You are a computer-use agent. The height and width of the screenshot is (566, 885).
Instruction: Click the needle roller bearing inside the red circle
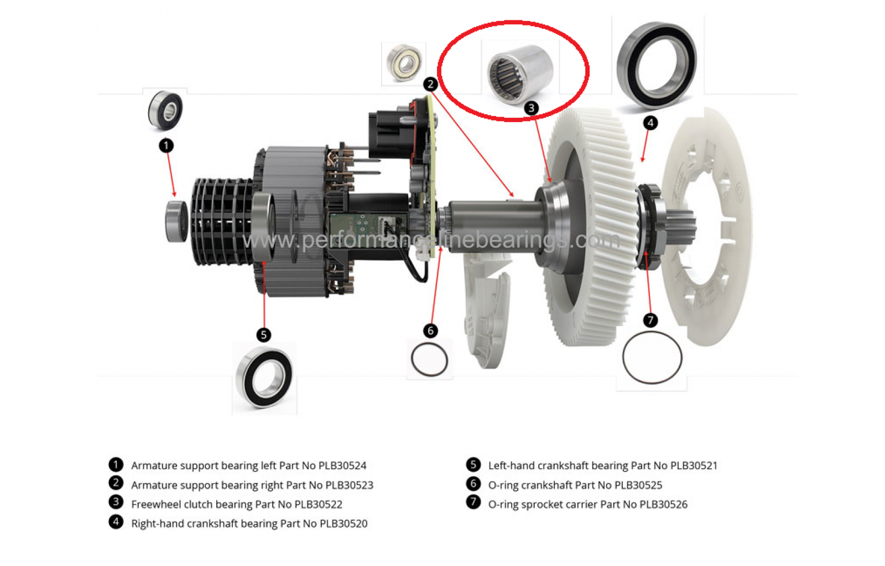click(520, 74)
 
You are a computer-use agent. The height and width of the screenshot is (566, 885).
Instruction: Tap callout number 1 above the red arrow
click(166, 145)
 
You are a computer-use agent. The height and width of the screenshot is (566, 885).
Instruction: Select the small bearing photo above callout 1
click(165, 111)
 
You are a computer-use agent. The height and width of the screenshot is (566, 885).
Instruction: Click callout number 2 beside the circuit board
click(430, 84)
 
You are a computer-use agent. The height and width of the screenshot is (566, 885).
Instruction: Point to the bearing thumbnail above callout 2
click(404, 62)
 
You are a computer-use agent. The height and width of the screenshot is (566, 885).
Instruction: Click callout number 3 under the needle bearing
click(532, 108)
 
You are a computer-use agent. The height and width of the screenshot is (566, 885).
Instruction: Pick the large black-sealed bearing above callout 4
click(657, 65)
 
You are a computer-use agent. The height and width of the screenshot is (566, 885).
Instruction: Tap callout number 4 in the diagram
click(650, 123)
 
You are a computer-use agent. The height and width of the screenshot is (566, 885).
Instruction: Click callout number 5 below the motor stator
click(263, 335)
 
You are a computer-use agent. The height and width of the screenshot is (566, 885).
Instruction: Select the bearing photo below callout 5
click(264, 377)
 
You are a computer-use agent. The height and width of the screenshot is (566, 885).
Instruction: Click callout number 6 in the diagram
click(430, 331)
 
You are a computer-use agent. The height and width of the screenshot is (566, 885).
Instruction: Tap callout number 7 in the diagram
click(650, 319)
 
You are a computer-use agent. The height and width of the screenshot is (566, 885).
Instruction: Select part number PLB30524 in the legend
click(342, 466)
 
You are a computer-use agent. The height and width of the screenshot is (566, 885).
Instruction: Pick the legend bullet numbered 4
click(116, 522)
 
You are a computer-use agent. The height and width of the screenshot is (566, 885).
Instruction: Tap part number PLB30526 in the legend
click(664, 505)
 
